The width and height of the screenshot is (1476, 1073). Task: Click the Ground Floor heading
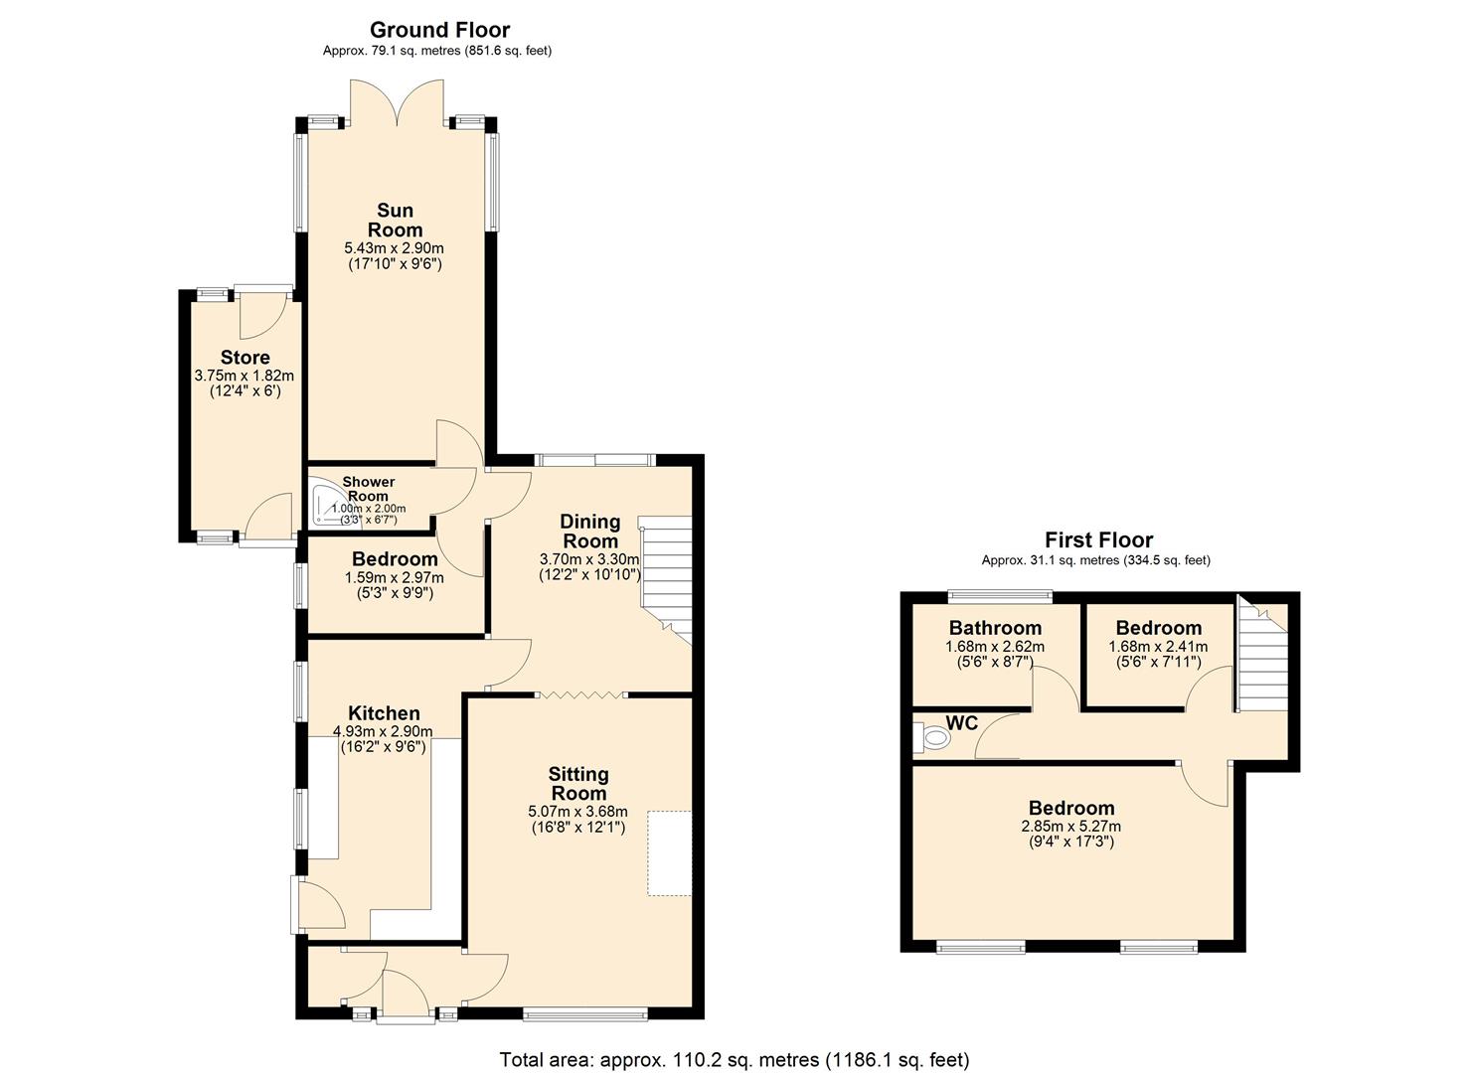439,30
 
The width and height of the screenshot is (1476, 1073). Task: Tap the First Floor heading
1098,540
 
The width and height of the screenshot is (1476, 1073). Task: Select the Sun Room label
395,220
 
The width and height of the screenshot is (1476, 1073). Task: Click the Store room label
245,358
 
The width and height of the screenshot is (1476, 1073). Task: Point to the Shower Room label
369,489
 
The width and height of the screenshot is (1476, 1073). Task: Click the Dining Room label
590,532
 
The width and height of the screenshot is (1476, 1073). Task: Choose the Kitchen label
384,713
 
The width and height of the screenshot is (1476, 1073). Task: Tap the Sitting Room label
578,783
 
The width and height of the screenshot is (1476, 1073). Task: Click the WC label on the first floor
961,723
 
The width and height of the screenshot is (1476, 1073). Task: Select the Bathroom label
995,628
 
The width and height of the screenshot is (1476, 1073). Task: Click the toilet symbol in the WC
932,738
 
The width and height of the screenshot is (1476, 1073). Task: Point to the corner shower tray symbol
324,505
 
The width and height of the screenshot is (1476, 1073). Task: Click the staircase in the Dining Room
664,576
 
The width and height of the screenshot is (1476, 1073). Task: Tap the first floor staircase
1259,661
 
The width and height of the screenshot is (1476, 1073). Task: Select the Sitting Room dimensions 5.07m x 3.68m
578,812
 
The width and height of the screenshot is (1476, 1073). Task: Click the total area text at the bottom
734,1059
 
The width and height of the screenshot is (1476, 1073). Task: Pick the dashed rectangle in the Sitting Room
669,853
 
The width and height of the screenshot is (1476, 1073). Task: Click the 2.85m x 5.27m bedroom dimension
1070,826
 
